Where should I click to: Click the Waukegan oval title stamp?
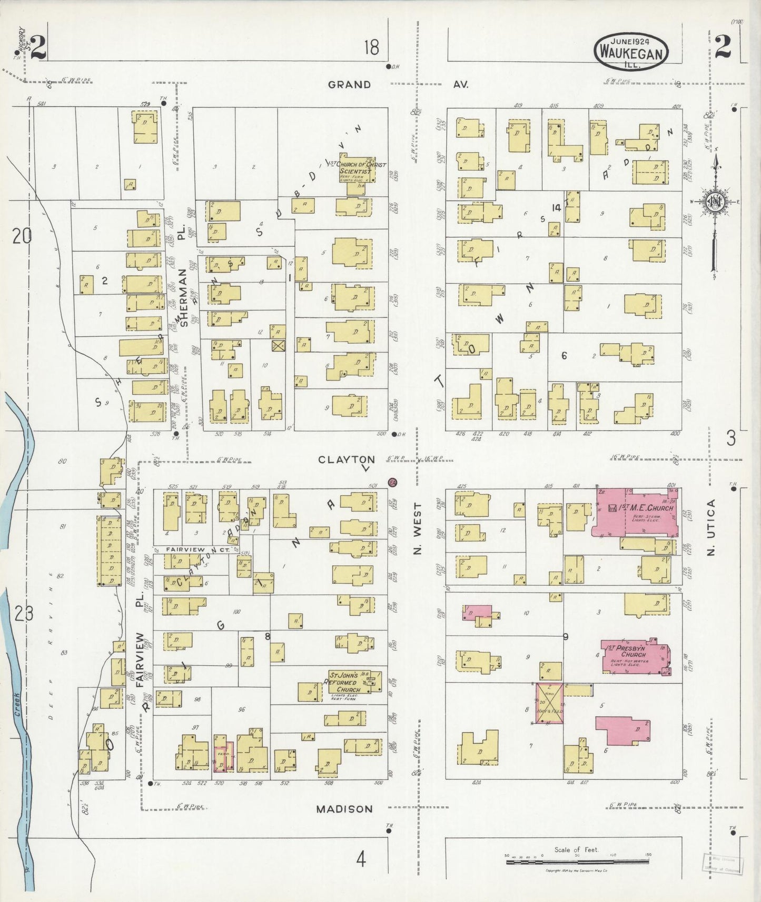(x=631, y=51)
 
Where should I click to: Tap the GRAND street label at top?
(x=349, y=84)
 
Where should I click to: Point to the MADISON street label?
(x=344, y=809)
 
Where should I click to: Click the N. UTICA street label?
(x=711, y=528)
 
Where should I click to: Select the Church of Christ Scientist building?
(x=358, y=169)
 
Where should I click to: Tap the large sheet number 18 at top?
(x=371, y=48)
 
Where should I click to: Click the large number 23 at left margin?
(x=24, y=614)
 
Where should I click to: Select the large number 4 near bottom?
(x=361, y=859)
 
